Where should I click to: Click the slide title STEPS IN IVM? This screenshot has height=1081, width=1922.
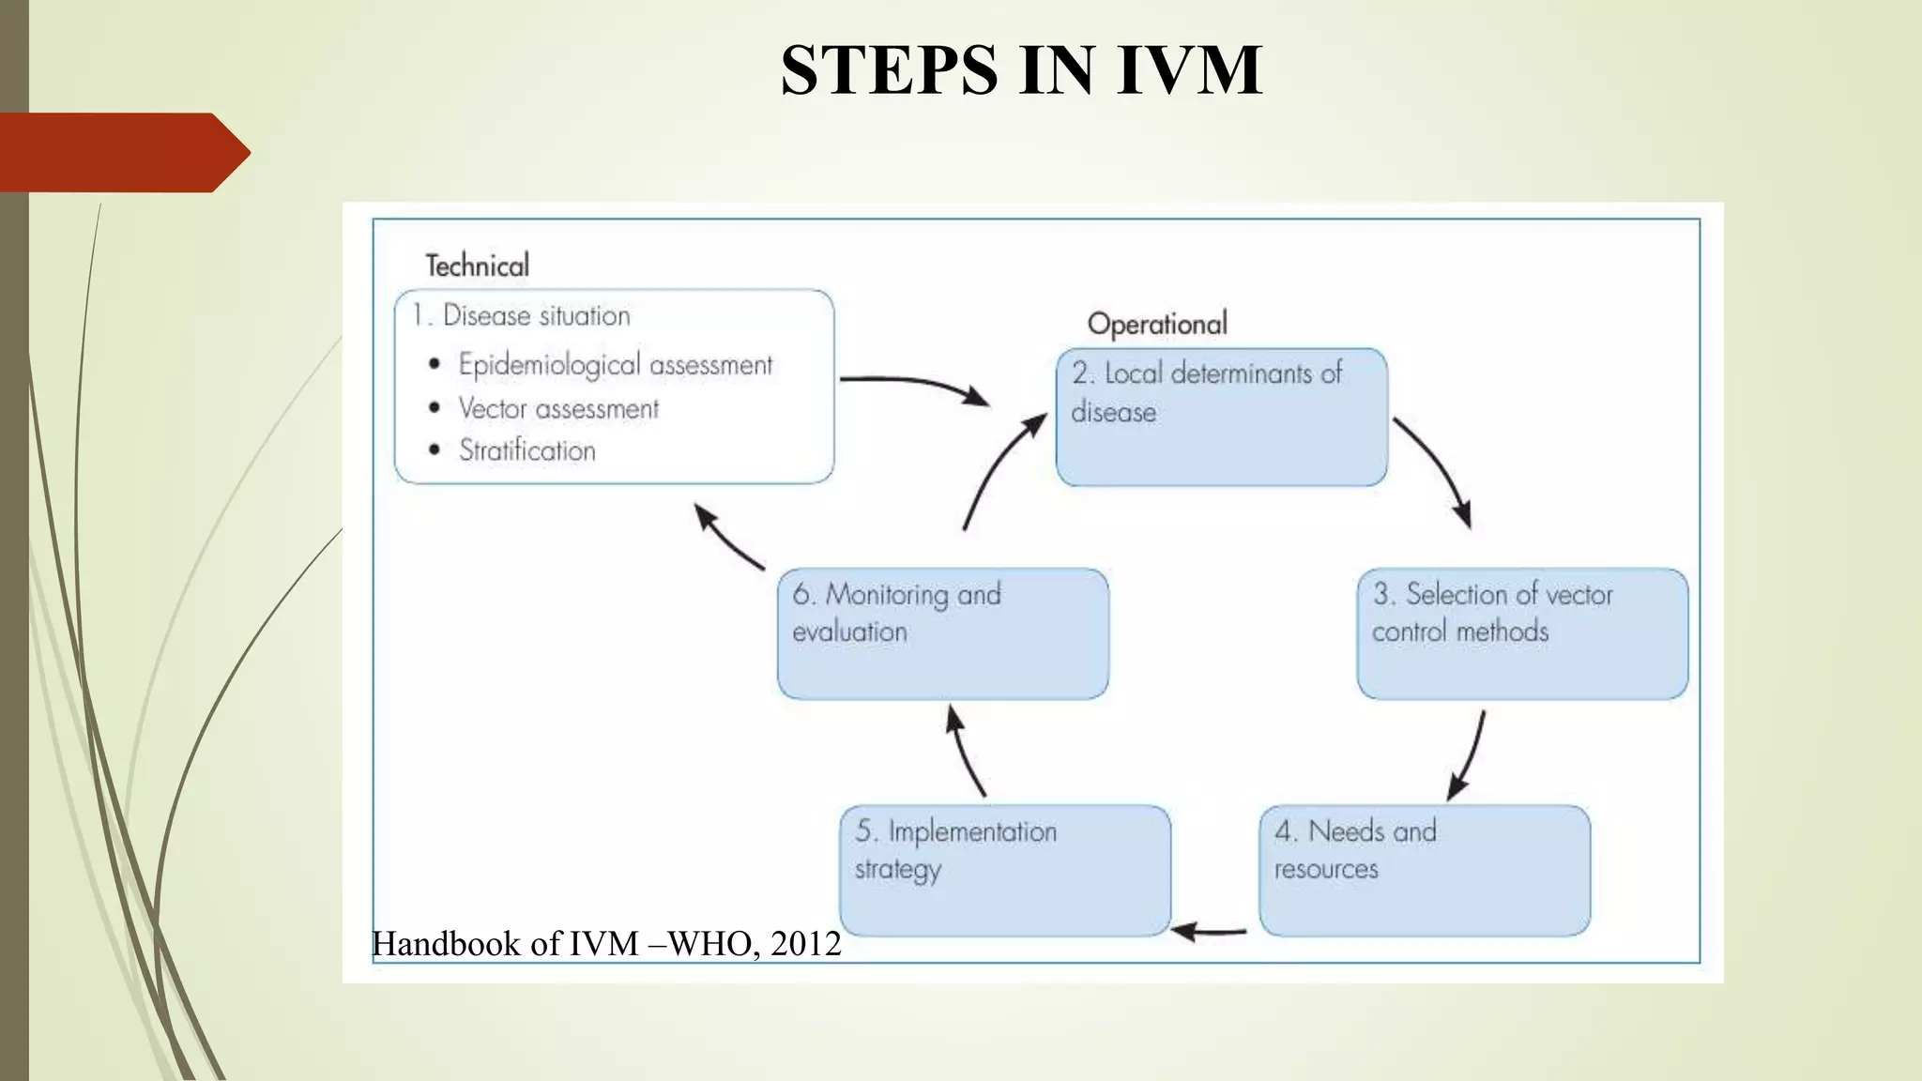point(1021,70)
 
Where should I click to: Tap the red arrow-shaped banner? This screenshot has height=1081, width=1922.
point(122,152)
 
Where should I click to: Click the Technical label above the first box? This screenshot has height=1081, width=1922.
point(477,266)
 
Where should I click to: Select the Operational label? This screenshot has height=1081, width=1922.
point(1157,324)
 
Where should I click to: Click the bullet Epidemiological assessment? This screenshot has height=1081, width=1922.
point(615,364)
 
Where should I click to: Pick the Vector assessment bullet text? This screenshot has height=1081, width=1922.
point(558,408)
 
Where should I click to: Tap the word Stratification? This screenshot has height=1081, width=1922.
point(526,450)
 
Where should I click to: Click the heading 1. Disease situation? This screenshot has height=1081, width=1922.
point(522,315)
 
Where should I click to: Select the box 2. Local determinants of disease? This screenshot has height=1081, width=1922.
point(1221,418)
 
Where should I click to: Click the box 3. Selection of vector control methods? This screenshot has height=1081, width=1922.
point(1522,633)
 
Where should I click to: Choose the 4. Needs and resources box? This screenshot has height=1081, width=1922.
point(1425,870)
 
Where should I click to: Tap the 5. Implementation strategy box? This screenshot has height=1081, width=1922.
point(1005,870)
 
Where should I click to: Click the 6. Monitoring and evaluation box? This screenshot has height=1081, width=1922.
point(943,633)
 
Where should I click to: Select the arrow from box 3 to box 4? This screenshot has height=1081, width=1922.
point(1470,755)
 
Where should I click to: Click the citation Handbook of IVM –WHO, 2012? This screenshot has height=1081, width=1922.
point(606,944)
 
